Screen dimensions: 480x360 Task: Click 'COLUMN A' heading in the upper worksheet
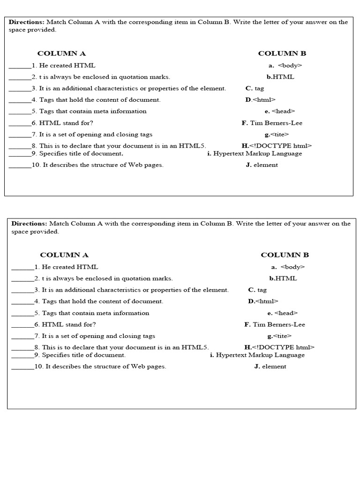tap(61, 53)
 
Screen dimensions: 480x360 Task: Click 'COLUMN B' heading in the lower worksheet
tap(285, 255)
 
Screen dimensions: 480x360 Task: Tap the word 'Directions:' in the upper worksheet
tap(26, 22)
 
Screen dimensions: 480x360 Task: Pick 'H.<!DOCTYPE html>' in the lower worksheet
tap(279, 347)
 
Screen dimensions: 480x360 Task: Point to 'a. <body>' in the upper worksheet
tap(285, 66)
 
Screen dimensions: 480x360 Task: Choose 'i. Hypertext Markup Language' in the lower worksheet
tap(257, 355)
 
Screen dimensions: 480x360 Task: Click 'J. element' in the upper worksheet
tap(262, 165)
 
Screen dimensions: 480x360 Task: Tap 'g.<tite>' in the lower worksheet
tap(279, 336)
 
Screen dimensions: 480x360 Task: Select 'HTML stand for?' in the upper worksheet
tap(66, 123)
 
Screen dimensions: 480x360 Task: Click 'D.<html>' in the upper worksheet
tap(260, 99)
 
